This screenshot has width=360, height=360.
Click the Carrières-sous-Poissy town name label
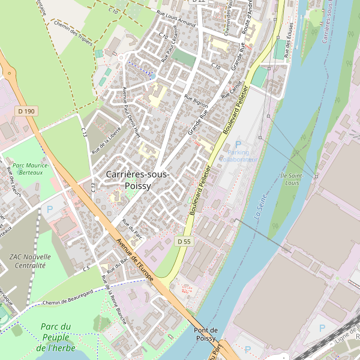(137, 179)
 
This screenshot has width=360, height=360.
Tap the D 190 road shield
(26, 111)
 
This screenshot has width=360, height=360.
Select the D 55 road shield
(184, 241)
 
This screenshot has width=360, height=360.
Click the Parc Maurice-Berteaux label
(31, 169)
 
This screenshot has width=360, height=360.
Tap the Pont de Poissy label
(205, 334)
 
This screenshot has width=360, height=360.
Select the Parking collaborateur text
(238, 156)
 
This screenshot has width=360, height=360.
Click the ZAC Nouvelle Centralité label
(30, 260)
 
